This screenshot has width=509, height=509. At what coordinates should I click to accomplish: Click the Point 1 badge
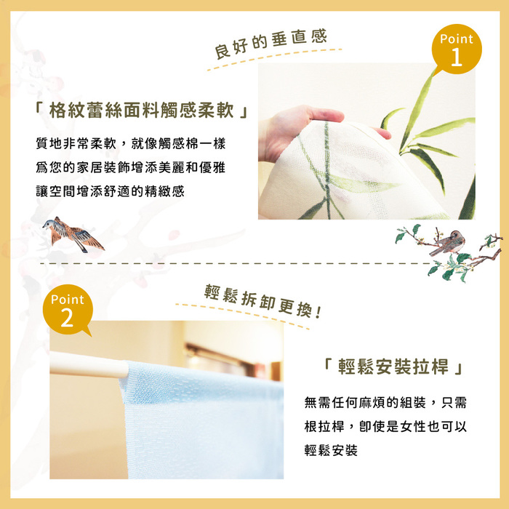tap(457, 49)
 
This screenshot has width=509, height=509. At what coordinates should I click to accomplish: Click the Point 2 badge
tap(68, 310)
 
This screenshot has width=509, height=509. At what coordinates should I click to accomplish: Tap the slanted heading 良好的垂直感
tap(270, 44)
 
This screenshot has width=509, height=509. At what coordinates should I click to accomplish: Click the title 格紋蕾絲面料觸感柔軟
tap(142, 110)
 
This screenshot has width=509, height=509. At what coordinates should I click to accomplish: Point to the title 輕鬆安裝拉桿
tap(393, 366)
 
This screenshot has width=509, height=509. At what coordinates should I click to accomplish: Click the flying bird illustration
tap(73, 234)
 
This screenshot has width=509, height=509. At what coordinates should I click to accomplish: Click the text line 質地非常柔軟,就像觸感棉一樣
tap(130, 143)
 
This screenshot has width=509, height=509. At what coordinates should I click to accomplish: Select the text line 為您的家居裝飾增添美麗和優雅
tap(130, 167)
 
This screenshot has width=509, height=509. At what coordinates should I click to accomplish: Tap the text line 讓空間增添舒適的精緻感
tap(110, 191)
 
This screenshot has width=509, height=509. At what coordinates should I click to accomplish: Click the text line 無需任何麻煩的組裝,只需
tap(385, 403)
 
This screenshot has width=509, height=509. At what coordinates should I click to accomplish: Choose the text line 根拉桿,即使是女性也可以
tap(385, 427)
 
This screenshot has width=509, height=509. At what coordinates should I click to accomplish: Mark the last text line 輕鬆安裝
tap(331, 450)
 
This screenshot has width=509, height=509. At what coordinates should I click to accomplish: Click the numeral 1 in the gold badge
tap(457, 57)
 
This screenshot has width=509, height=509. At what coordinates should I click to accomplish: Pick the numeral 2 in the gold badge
tap(67, 318)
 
